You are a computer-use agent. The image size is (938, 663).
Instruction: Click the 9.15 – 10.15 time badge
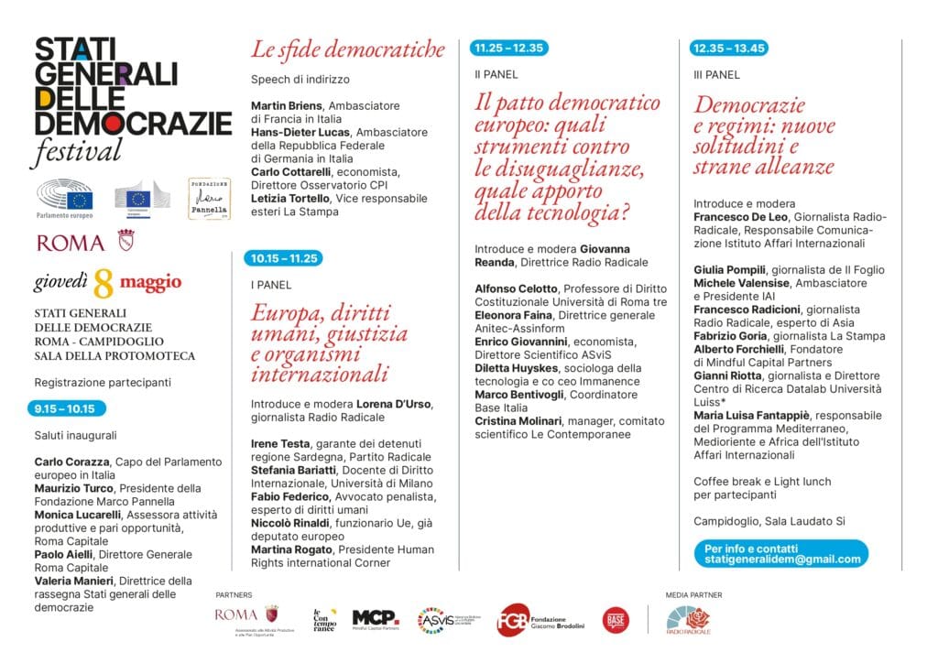(x=67, y=408)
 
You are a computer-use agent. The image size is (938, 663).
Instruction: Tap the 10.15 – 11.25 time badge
(x=284, y=258)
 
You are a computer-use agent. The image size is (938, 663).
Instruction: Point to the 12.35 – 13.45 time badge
(x=729, y=49)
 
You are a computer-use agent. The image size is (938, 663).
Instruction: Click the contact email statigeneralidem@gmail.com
(x=781, y=559)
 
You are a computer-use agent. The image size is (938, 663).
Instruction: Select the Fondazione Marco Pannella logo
(x=208, y=198)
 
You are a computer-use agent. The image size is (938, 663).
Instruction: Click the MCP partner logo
(x=376, y=618)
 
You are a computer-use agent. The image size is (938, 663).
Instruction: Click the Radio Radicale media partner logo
(x=695, y=620)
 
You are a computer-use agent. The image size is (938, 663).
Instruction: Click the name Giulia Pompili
(x=730, y=270)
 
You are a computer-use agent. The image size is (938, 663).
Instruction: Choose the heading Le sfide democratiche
(x=348, y=49)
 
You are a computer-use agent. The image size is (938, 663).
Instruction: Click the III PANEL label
(x=716, y=75)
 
